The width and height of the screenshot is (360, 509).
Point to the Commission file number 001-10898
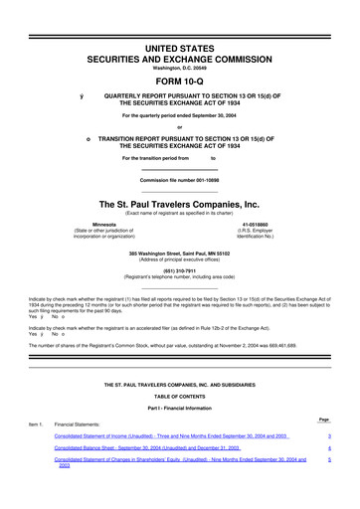179,179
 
